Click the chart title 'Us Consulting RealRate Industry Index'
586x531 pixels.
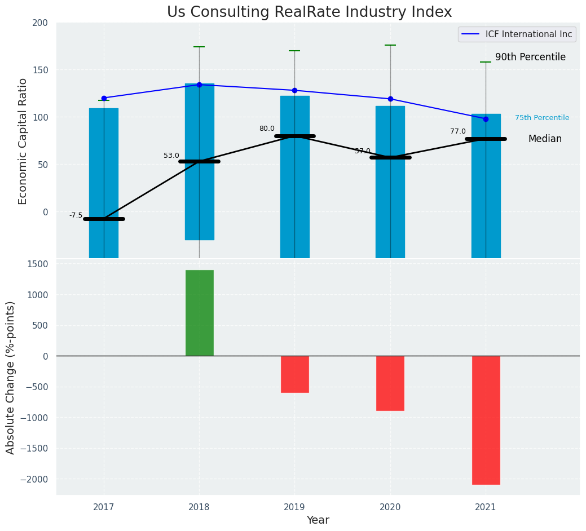(x=309, y=12)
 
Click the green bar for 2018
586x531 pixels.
(x=199, y=313)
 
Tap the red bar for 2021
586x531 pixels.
(x=486, y=420)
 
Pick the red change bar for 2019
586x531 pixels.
(x=294, y=374)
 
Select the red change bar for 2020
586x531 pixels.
(x=390, y=383)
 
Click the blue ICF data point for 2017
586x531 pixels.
(x=104, y=98)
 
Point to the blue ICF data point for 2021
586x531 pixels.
(x=486, y=119)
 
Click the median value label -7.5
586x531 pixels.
(x=76, y=215)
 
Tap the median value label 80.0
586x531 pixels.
(x=267, y=129)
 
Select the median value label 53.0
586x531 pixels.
(x=171, y=156)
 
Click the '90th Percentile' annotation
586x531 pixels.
(x=530, y=57)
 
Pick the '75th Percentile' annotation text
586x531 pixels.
(x=542, y=118)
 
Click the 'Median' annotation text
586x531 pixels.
(x=545, y=139)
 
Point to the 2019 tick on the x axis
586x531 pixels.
(x=294, y=507)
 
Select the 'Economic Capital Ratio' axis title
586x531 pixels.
(x=23, y=141)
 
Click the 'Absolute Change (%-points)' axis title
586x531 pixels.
(x=11, y=377)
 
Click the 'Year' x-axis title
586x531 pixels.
(x=318, y=520)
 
